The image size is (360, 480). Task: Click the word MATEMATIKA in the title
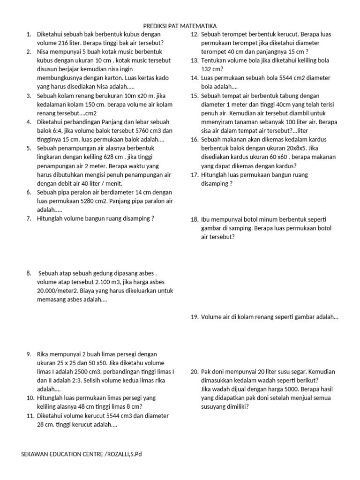197,26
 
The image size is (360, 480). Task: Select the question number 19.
194,317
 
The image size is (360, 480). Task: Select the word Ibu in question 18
206,219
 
